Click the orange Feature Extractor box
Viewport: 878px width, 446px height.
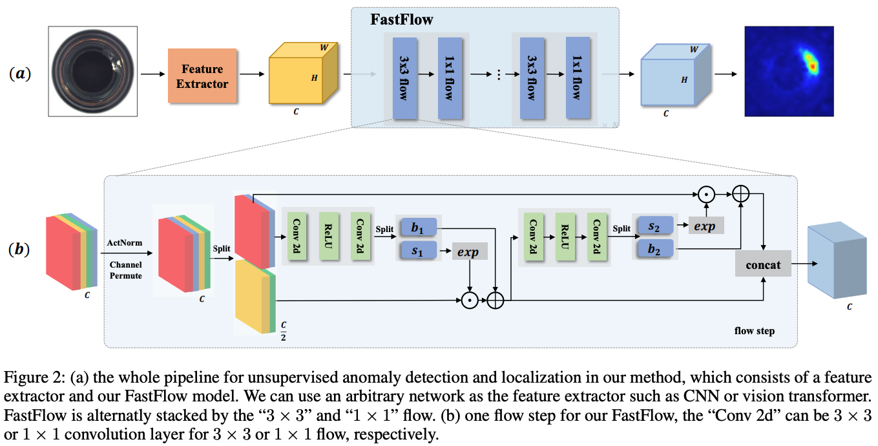pyautogui.click(x=202, y=76)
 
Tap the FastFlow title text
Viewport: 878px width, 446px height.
pyautogui.click(x=401, y=19)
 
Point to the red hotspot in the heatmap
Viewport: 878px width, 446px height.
pyautogui.click(x=808, y=61)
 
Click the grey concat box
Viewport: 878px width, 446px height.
pyautogui.click(x=763, y=265)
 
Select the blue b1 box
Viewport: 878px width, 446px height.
pyautogui.click(x=417, y=228)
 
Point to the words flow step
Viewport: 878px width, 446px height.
pyautogui.click(x=754, y=331)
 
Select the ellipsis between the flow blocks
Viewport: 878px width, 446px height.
pyautogui.click(x=498, y=74)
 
